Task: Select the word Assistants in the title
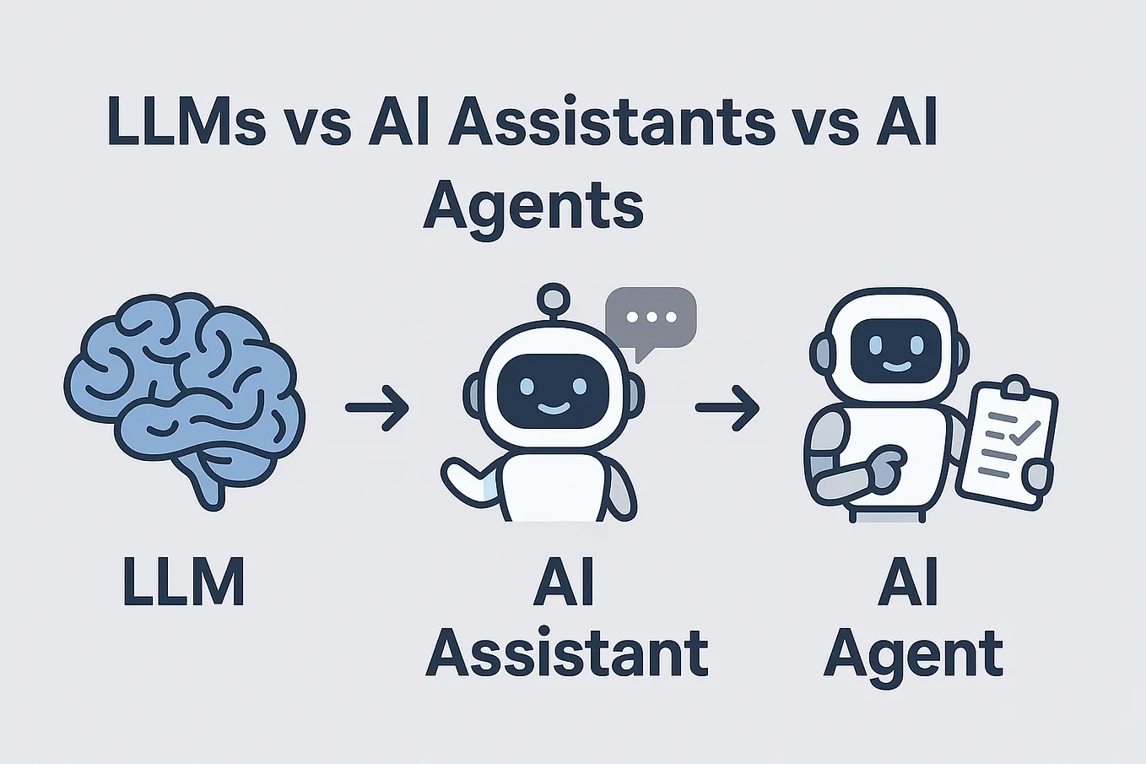point(612,121)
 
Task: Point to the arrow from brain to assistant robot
point(377,408)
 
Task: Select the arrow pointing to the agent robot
point(727,408)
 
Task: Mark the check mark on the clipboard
point(1024,432)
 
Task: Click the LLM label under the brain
point(184,582)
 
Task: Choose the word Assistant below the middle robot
point(567,653)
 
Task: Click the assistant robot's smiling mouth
point(554,408)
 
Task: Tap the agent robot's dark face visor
point(896,350)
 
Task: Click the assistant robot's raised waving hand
point(462,479)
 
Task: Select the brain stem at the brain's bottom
point(208,484)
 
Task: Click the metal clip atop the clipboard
point(1015,387)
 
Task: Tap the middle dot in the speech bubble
point(651,317)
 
